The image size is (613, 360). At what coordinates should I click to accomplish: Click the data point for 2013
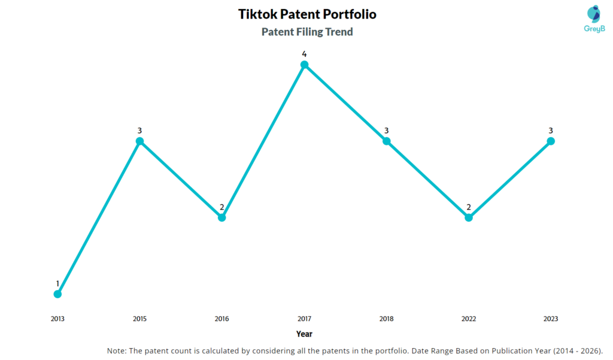57,294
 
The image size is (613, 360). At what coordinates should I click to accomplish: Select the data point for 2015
139,141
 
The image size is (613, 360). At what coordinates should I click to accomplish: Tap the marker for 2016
221,217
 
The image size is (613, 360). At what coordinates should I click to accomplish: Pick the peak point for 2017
304,65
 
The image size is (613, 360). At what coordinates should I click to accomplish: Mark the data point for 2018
386,141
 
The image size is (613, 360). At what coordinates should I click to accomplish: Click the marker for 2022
469,217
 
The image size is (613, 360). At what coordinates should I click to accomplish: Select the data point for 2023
551,141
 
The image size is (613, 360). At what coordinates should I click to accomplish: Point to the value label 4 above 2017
304,54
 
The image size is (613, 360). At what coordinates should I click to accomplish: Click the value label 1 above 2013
57,283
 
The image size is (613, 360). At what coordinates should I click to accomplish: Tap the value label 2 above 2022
469,207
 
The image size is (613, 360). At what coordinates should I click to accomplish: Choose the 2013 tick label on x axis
57,319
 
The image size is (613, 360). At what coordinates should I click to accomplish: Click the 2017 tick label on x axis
304,319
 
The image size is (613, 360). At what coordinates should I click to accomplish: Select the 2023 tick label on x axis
551,319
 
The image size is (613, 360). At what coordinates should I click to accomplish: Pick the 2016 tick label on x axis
221,319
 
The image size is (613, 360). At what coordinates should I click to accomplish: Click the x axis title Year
304,334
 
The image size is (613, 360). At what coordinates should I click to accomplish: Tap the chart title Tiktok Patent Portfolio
307,14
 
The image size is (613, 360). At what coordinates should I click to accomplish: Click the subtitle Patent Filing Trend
307,32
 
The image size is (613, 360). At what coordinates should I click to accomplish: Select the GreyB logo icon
593,14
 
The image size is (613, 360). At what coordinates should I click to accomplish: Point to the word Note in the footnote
116,350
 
